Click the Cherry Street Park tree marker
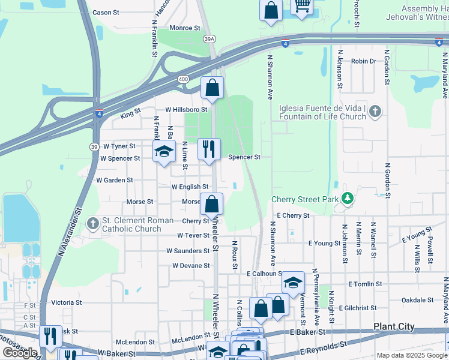tap(347, 197)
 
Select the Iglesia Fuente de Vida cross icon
tap(375, 111)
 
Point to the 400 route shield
tap(183, 79)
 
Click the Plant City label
tap(394, 326)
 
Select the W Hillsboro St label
tap(186, 110)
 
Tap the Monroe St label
tap(184, 28)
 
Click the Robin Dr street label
tap(363, 61)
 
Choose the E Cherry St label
tap(293, 215)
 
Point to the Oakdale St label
tap(417, 299)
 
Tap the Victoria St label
tap(66, 302)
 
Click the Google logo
tap(20, 352)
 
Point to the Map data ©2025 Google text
tap(411, 355)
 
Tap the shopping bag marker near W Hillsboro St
tap(212, 88)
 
